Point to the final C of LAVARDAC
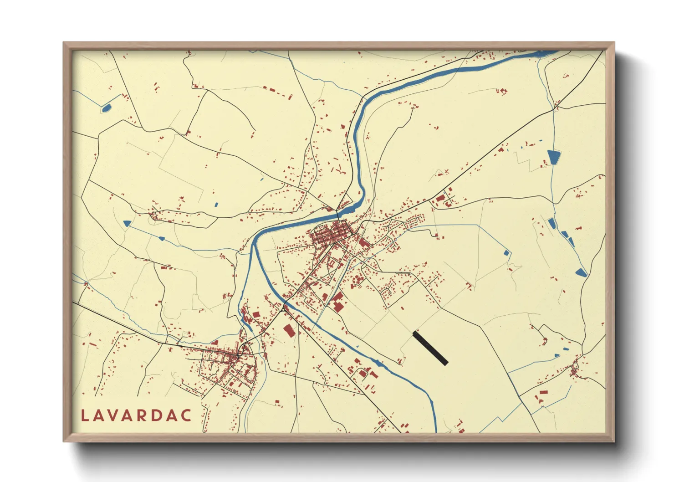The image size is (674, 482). [186, 415]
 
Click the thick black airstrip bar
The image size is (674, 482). [430, 349]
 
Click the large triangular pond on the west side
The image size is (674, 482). [127, 223]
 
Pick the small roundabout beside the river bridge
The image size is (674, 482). [283, 309]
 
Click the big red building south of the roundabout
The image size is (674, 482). [288, 330]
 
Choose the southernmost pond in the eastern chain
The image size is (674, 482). [581, 272]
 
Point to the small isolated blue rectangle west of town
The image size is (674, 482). [216, 205]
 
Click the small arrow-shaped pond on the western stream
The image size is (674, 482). [161, 238]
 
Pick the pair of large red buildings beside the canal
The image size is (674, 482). [337, 302]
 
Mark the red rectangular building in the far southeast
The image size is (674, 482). [543, 392]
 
